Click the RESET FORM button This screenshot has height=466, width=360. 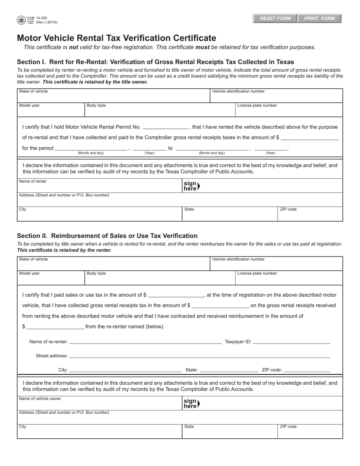[275, 19]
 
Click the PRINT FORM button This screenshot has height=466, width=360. [319, 19]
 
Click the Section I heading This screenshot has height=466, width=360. [155, 62]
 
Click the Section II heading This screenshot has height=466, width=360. [107, 236]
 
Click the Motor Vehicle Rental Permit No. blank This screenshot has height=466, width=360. [166, 127]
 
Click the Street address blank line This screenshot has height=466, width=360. [199, 356]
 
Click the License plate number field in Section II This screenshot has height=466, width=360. [289, 279]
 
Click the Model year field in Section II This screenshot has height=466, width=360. [51, 279]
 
